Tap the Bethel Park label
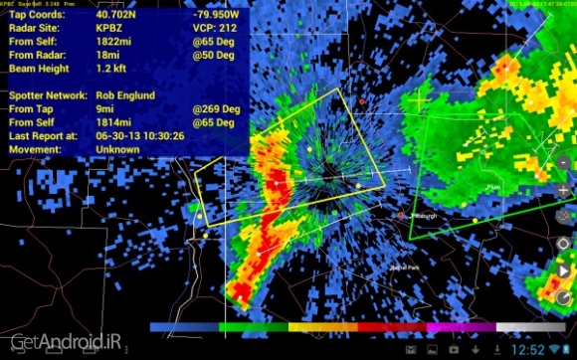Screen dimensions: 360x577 377,270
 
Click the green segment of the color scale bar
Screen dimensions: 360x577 253,326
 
